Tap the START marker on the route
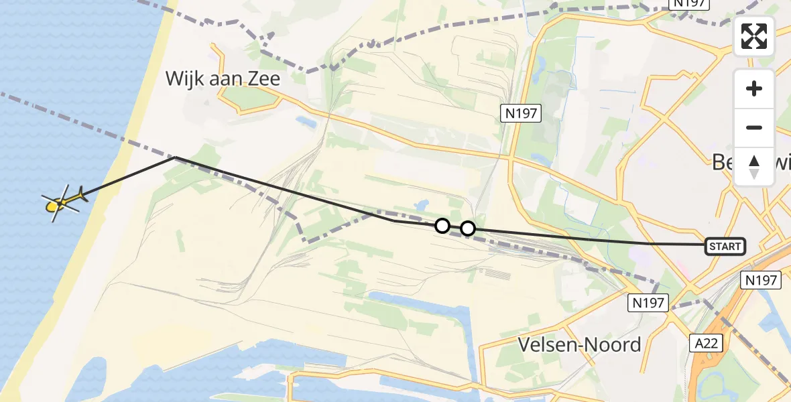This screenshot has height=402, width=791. point(725,247)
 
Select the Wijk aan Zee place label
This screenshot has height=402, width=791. point(223,79)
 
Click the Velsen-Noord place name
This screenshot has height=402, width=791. point(579,344)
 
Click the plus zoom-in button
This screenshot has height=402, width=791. point(754,88)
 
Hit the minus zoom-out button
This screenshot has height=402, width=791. point(754,127)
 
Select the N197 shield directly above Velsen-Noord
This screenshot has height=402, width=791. point(648,303)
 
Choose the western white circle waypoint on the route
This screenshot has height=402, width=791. point(442,226)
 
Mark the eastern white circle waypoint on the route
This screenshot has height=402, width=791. point(468,228)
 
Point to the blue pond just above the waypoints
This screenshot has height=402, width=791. point(422,205)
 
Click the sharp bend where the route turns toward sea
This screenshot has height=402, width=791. point(175,157)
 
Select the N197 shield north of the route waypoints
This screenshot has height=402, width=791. point(521,113)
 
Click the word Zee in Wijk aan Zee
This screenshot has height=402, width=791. point(261,79)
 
